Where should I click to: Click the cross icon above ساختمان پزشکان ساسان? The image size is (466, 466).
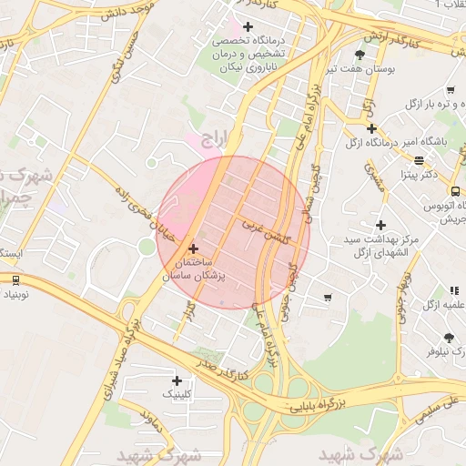point(192,248)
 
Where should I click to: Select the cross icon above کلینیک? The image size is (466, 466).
point(177,380)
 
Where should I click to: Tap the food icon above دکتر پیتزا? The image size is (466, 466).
point(418,160)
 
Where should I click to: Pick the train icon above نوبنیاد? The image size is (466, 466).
point(15,280)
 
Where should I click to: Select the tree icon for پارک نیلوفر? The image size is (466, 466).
point(449,337)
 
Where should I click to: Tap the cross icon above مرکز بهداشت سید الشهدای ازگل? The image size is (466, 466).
point(380,224)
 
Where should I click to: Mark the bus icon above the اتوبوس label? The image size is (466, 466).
point(455,190)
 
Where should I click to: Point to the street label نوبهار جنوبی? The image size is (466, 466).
point(401,288)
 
